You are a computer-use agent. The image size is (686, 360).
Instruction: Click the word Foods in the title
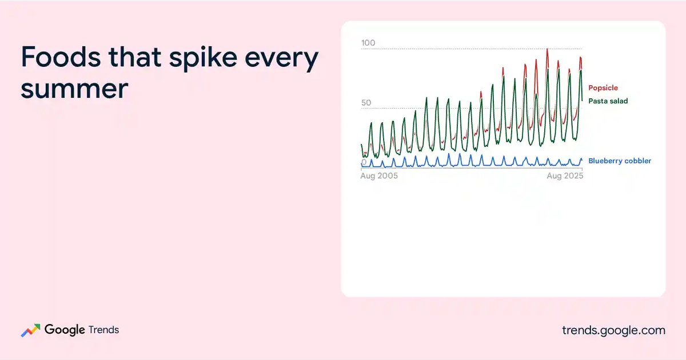[x=61, y=57]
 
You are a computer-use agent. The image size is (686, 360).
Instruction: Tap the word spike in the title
[x=203, y=58]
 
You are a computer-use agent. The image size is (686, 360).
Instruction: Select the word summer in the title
[x=74, y=89]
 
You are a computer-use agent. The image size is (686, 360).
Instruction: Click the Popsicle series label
[x=603, y=88]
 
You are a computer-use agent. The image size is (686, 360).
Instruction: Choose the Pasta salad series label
[x=608, y=101]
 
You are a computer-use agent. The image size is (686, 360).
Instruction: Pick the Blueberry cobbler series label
[x=620, y=161]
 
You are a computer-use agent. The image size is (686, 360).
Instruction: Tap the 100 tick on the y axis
[x=368, y=43]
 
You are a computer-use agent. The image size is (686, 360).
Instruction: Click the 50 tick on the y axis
[x=366, y=102]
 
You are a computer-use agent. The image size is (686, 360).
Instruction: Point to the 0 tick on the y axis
[x=364, y=162]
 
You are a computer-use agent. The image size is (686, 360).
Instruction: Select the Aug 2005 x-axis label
[x=379, y=176]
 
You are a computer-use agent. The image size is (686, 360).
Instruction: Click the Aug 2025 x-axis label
[x=565, y=176]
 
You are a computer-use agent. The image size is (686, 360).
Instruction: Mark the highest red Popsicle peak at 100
[x=547, y=49]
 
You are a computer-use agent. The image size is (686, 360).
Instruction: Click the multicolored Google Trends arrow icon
[x=30, y=330]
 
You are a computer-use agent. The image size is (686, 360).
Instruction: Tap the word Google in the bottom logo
[x=65, y=330]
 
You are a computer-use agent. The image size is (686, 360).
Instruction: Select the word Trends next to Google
[x=103, y=330]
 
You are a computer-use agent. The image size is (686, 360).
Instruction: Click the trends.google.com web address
[x=613, y=330]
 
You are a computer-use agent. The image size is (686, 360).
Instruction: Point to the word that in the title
[x=135, y=57]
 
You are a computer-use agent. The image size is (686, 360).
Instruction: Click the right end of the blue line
[x=582, y=159]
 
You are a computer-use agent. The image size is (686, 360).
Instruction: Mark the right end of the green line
[x=582, y=101]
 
